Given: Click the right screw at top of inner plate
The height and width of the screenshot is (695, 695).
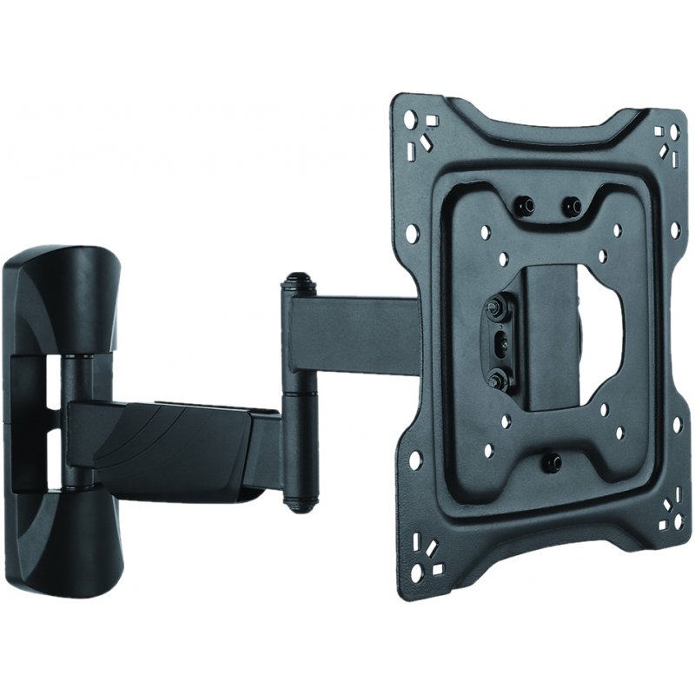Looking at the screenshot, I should [571, 205].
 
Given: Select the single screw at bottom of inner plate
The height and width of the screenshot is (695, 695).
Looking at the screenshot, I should [553, 461].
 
